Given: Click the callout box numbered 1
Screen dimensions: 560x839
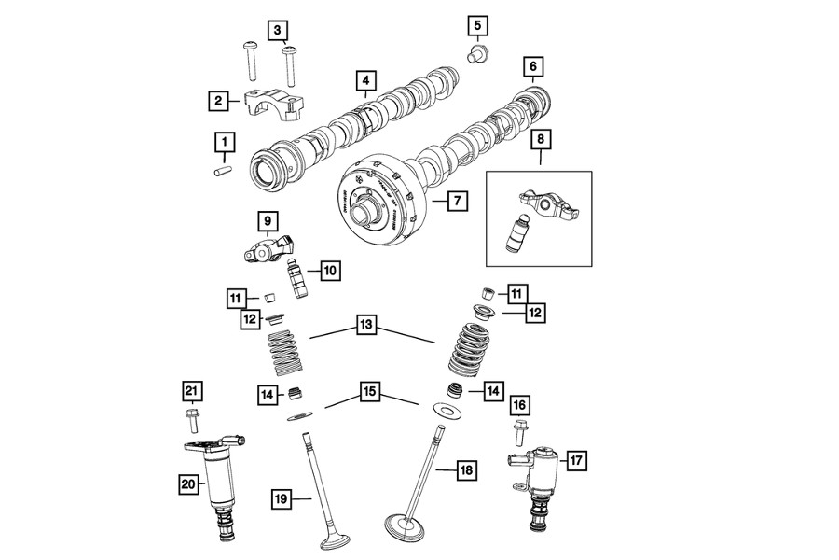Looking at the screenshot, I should pyautogui.click(x=224, y=142).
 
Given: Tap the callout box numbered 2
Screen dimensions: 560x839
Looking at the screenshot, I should pyautogui.click(x=217, y=100).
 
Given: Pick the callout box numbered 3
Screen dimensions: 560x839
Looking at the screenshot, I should pyautogui.click(x=278, y=30).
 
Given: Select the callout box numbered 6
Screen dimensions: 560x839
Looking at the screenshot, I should pyautogui.click(x=532, y=66).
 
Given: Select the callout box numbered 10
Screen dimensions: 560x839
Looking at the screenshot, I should pyautogui.click(x=330, y=271).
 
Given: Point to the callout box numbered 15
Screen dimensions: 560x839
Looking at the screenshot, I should pyautogui.click(x=370, y=392).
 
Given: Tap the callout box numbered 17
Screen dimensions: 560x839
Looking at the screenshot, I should pyautogui.click(x=575, y=459).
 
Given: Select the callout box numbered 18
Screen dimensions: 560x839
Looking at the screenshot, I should pyautogui.click(x=467, y=471).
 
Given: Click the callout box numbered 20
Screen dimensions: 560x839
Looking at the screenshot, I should pyautogui.click(x=190, y=483).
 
